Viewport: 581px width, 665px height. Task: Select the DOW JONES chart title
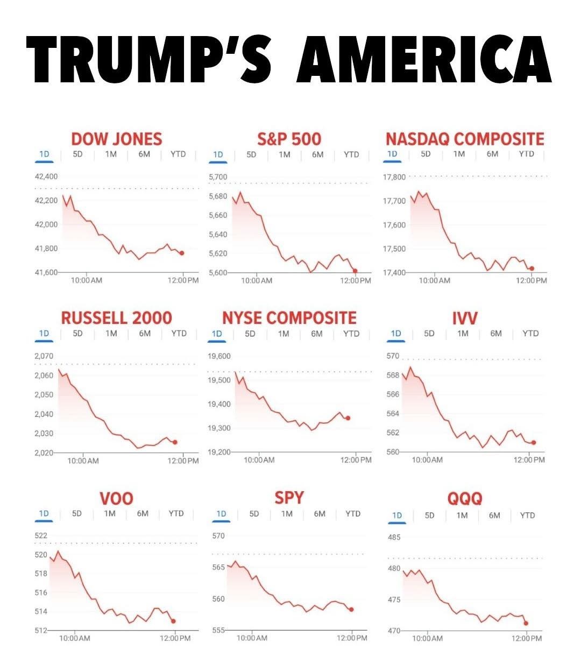116,139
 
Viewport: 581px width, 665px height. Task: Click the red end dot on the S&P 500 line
355,271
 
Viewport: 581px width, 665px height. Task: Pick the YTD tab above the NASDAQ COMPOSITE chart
527,154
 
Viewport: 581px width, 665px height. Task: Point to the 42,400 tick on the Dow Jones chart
46,176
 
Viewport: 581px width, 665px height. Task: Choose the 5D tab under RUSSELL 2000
78,333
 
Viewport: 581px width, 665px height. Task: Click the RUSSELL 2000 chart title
116,317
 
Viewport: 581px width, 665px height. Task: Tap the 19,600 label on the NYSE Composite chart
219,356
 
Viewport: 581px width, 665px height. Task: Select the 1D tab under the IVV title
396,333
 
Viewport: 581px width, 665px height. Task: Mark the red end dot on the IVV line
534,442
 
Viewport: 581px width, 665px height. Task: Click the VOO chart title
116,498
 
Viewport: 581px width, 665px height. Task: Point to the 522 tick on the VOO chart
41,536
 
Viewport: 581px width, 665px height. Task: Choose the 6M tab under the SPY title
320,513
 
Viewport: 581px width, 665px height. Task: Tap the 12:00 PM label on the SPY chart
352,638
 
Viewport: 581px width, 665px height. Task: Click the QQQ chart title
465,499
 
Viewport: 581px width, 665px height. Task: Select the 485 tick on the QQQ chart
394,537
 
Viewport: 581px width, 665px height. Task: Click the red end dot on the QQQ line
526,623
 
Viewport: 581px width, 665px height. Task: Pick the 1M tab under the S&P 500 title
285,154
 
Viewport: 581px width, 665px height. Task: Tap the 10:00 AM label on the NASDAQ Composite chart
434,280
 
